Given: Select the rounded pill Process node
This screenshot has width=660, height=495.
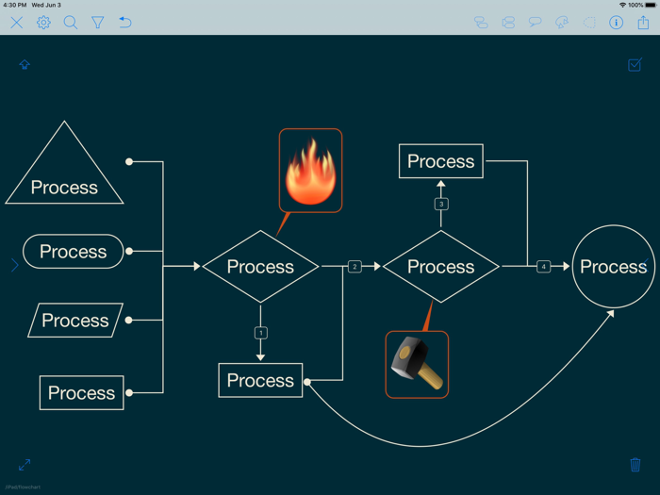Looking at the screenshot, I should click(73, 252).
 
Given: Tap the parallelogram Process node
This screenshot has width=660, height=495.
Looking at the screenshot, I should click(75, 321).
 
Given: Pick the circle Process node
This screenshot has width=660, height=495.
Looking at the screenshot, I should click(613, 267).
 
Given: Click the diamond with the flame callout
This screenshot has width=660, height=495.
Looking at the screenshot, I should click(260, 267).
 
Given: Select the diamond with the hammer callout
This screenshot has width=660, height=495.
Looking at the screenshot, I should click(440, 267).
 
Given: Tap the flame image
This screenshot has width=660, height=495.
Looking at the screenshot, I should click(310, 171).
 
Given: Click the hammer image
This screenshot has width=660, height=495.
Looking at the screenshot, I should click(416, 364).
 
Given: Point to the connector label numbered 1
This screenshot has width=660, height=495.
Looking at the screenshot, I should click(261, 333).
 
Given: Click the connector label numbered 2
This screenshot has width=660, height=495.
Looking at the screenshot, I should click(355, 267).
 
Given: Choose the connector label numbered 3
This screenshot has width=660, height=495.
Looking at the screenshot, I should click(440, 204).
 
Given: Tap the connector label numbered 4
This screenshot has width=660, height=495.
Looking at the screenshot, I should click(543, 267).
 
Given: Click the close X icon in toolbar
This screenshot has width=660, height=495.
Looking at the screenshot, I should click(17, 23).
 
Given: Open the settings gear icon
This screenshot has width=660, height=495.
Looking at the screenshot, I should click(43, 23).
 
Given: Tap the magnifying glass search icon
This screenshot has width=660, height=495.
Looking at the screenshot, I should click(71, 23).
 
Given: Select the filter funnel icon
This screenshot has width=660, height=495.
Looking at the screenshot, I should click(97, 23).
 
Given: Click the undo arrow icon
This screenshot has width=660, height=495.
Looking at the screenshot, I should click(124, 23).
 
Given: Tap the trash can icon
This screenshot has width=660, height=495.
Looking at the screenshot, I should click(635, 465).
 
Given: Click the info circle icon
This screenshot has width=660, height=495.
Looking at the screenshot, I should click(616, 23).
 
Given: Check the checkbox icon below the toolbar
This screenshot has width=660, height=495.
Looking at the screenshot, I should click(635, 64).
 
